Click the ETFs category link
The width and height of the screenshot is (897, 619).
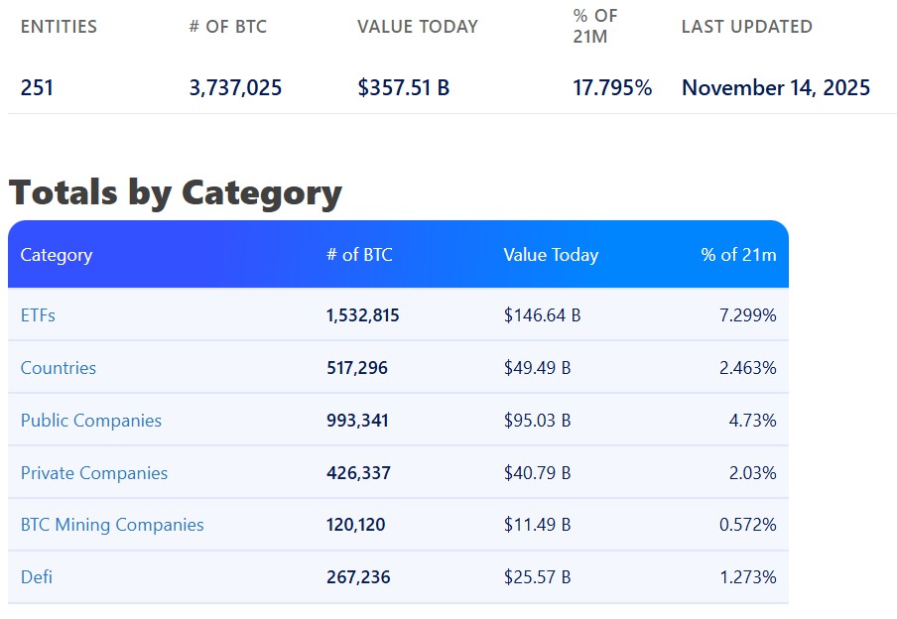pyautogui.click(x=38, y=315)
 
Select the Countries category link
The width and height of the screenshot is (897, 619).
pyautogui.click(x=59, y=368)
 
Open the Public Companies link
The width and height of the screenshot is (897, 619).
pyautogui.click(x=90, y=421)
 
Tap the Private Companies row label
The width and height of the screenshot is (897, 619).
pyautogui.click(x=94, y=473)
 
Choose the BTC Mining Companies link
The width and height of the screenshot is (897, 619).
pyautogui.click(x=112, y=525)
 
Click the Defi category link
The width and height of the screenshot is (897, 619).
pyautogui.click(x=37, y=577)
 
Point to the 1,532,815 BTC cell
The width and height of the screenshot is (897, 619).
pyautogui.click(x=362, y=315)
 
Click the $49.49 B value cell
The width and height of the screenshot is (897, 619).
pyautogui.click(x=537, y=368)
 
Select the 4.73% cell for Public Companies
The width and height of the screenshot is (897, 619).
pyautogui.click(x=752, y=421)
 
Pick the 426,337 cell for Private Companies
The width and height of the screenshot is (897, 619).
pyautogui.click(x=358, y=473)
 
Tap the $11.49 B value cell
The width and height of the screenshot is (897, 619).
pyautogui.click(x=537, y=525)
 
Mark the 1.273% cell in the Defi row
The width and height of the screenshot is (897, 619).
pyautogui.click(x=747, y=577)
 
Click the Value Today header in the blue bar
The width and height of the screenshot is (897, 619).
pyautogui.click(x=551, y=255)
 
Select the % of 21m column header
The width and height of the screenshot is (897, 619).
pyautogui.click(x=738, y=255)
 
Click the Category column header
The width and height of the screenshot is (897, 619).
pyautogui.click(x=57, y=255)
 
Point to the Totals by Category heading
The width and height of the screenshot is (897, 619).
pyautogui.click(x=175, y=191)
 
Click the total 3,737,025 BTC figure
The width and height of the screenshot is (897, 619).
pyautogui.click(x=235, y=88)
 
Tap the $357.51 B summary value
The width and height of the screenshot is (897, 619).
pyautogui.click(x=403, y=88)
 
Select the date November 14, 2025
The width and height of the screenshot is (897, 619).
pyautogui.click(x=775, y=88)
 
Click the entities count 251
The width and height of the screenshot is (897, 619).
pyautogui.click(x=37, y=88)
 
